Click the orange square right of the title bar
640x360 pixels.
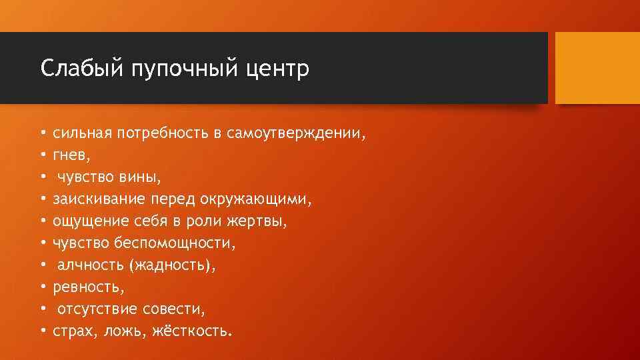tap(597, 68)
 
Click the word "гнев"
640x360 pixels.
tap(69, 155)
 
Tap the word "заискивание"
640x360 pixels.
tap(94, 199)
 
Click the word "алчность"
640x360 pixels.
tap(90, 265)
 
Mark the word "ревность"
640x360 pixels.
tap(86, 287)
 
